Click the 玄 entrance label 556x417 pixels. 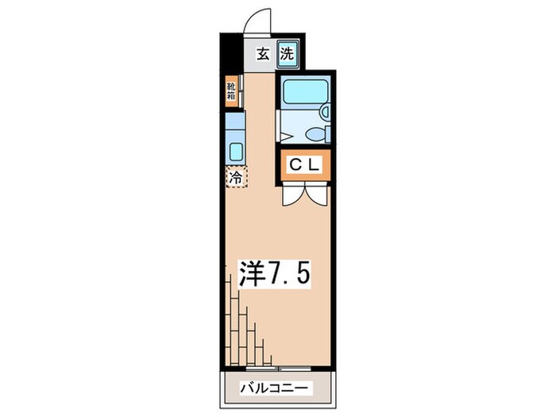coord(263,56)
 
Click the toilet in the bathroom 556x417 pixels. coord(316,132)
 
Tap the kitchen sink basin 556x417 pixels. coord(236,151)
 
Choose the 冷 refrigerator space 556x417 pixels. coord(236,177)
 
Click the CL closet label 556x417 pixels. coord(303,165)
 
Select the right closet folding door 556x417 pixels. coord(318,196)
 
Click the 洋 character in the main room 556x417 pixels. coord(253,276)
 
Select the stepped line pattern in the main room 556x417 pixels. coord(246,326)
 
